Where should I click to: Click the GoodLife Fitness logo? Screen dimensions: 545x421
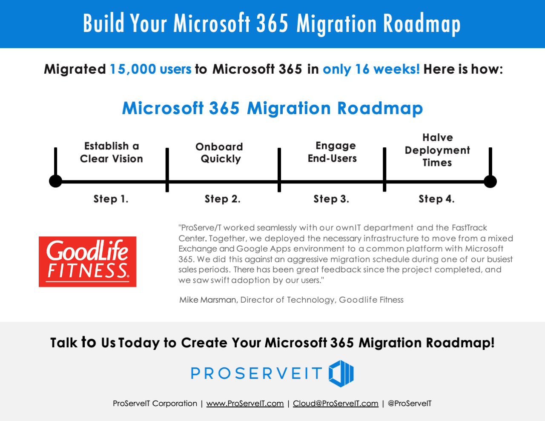coord(88,261)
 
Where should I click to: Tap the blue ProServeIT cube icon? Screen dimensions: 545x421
coord(341,373)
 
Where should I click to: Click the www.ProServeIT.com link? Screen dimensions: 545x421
coord(245,404)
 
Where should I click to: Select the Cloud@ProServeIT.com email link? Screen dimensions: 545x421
coord(336,404)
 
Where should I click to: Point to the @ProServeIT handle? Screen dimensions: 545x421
coord(410,404)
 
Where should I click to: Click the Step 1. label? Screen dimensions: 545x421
coord(111,199)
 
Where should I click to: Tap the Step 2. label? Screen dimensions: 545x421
coord(222,199)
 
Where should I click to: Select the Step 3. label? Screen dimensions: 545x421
coord(331,199)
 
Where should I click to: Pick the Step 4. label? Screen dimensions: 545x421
coord(436,199)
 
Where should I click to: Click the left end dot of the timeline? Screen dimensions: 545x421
coord(55,181)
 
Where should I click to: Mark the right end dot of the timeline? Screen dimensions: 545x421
coord(490,181)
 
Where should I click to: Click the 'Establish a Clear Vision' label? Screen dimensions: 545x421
coord(112,152)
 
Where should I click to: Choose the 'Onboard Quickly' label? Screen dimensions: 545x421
coord(219,153)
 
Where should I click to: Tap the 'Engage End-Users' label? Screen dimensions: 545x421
coord(332,152)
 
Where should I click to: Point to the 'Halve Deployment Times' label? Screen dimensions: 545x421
coord(437,150)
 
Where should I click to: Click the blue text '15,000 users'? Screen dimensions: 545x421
coord(150,69)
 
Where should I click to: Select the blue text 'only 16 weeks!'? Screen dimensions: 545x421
coord(371,69)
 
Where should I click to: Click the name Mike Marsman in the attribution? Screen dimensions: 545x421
coord(208,300)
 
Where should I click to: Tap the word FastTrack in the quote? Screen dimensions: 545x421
coord(469,227)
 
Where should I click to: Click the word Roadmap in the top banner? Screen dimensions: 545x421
coord(422,23)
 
